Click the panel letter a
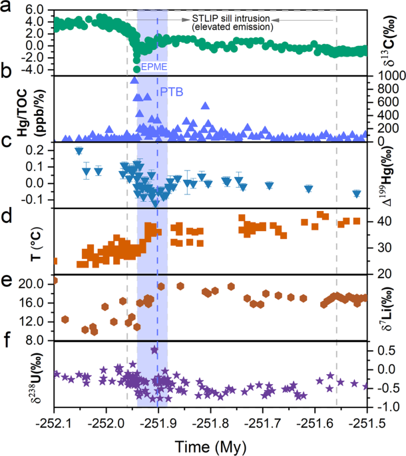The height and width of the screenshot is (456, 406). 5,7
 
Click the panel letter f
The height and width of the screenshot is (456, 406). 5,344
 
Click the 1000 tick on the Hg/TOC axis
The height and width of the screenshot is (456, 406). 385,76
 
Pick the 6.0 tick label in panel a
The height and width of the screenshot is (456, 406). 35,11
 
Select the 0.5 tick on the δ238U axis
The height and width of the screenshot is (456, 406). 379,349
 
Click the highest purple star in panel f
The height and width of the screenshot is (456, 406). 154,349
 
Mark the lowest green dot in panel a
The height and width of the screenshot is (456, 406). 136,69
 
